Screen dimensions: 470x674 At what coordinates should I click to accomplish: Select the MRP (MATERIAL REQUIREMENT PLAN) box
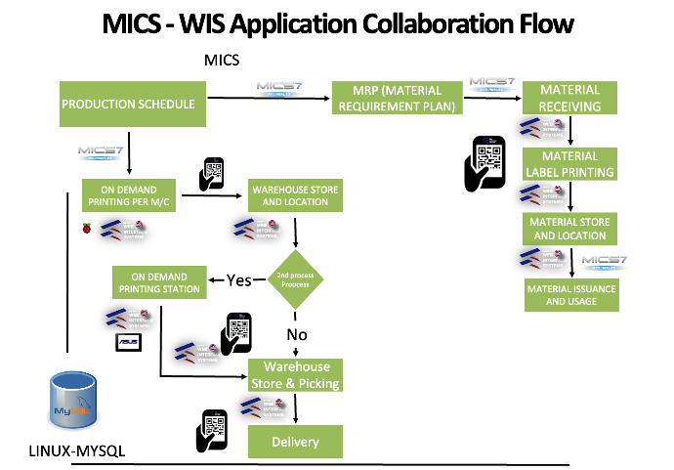pos(397,99)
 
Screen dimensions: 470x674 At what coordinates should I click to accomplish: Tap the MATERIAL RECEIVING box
pos(570,98)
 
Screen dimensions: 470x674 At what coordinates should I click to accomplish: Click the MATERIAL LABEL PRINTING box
pos(570,164)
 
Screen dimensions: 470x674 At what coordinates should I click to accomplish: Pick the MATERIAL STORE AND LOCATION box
pos(570,229)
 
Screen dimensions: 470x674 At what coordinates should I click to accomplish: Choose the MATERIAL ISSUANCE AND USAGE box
pos(571,295)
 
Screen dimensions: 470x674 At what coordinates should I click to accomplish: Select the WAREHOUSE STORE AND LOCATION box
pos(290,195)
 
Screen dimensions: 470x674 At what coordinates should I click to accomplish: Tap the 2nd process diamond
pos(296,280)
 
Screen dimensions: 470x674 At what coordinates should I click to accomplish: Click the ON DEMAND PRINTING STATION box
pos(159,281)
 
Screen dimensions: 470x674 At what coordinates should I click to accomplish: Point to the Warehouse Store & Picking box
pos(295,375)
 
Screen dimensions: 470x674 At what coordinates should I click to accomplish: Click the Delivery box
pos(295,442)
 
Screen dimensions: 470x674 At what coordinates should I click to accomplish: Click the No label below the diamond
pos(297,334)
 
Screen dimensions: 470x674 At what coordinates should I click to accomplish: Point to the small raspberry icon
pos(86,228)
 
